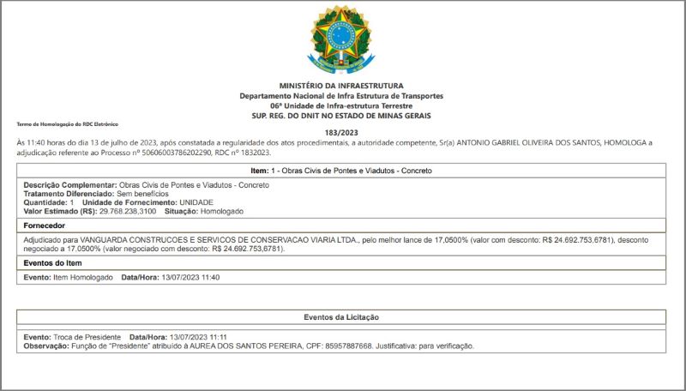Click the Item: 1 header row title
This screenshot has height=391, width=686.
point(341,171)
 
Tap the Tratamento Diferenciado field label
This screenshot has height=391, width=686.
point(69,194)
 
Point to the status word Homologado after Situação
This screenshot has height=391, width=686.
point(223,210)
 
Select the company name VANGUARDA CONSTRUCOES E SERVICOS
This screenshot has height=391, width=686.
point(184,241)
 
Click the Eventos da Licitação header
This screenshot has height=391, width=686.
point(341,317)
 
